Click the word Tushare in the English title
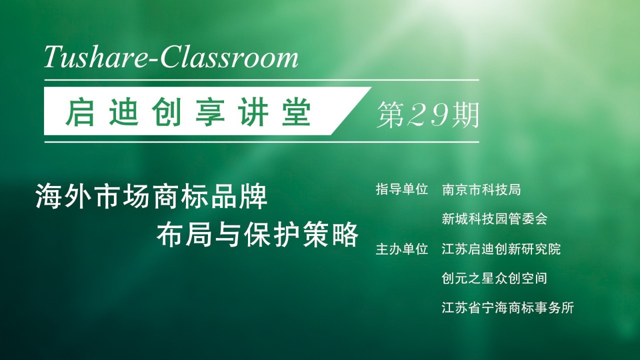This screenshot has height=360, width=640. tap(93, 57)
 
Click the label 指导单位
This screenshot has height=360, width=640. tap(401, 189)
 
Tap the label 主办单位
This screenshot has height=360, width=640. tap(401, 249)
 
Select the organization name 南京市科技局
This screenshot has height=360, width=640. tap(481, 189)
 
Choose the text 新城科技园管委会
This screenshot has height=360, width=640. tap(494, 219)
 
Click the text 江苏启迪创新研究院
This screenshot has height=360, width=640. tap(501, 249)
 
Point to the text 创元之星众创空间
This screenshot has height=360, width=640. tap(494, 278)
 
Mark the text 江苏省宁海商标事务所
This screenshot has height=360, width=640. tap(507, 308)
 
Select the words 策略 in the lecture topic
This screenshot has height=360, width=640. tap(330, 235)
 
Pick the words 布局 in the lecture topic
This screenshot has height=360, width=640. tap(185, 235)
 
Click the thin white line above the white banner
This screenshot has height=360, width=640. tap(261, 80)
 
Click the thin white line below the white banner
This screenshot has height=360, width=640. tap(261, 142)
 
